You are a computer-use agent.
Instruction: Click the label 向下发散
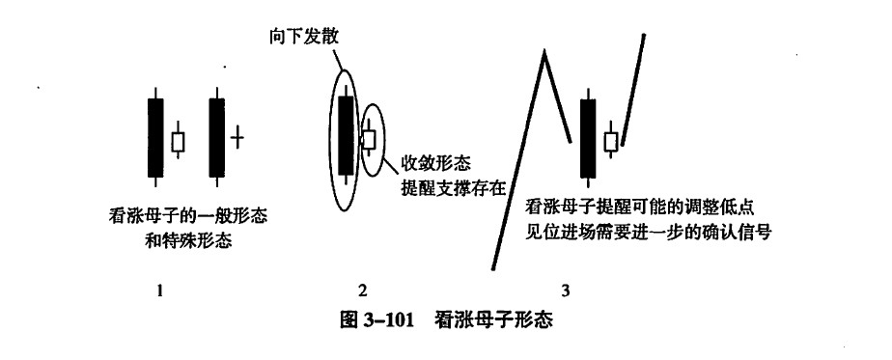click(304, 37)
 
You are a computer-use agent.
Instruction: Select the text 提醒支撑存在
click(454, 187)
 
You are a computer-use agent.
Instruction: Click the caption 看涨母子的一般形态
click(187, 217)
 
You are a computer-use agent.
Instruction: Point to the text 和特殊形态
click(188, 240)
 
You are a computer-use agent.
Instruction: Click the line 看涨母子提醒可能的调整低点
click(640, 208)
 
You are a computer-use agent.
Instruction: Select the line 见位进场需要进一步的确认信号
click(649, 233)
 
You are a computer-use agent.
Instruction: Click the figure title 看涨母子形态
click(493, 319)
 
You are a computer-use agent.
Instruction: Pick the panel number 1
click(160, 291)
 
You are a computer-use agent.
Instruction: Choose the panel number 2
click(363, 291)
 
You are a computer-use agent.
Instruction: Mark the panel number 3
click(566, 291)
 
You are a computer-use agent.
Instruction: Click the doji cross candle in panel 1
click(237, 137)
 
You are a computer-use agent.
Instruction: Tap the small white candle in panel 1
click(178, 141)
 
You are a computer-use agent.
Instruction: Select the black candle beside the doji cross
click(217, 137)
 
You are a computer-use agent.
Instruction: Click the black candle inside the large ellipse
click(346, 135)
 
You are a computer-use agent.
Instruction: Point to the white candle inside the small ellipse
click(369, 139)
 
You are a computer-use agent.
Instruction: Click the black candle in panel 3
click(588, 138)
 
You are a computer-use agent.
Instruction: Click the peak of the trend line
click(544, 51)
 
